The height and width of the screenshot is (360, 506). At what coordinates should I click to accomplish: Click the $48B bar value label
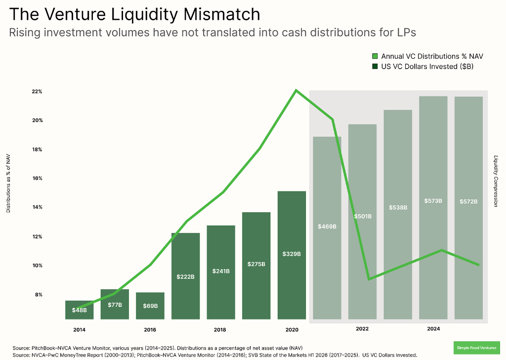[79, 310]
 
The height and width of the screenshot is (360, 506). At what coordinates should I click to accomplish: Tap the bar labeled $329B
[292, 255]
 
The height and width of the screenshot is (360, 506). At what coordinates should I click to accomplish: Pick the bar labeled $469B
[327, 227]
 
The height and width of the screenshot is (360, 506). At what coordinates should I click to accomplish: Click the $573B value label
[433, 201]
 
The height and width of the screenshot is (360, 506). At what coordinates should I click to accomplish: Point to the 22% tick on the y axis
[38, 91]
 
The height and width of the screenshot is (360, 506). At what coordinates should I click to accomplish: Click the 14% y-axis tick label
[38, 207]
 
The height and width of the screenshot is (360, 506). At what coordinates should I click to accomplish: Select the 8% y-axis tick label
[39, 295]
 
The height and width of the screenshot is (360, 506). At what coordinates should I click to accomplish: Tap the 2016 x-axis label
[150, 329]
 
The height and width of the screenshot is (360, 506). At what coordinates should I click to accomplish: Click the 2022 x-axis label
[362, 328]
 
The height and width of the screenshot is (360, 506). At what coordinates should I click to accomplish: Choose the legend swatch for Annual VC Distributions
[375, 56]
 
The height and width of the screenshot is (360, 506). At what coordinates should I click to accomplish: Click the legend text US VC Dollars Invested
[427, 66]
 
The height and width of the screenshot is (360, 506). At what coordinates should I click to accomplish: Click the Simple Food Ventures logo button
[476, 347]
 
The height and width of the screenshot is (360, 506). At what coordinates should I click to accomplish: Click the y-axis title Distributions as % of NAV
[8, 183]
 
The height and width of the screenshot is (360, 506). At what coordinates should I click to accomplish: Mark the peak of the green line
[296, 90]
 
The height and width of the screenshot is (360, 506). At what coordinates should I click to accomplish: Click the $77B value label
[115, 305]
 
